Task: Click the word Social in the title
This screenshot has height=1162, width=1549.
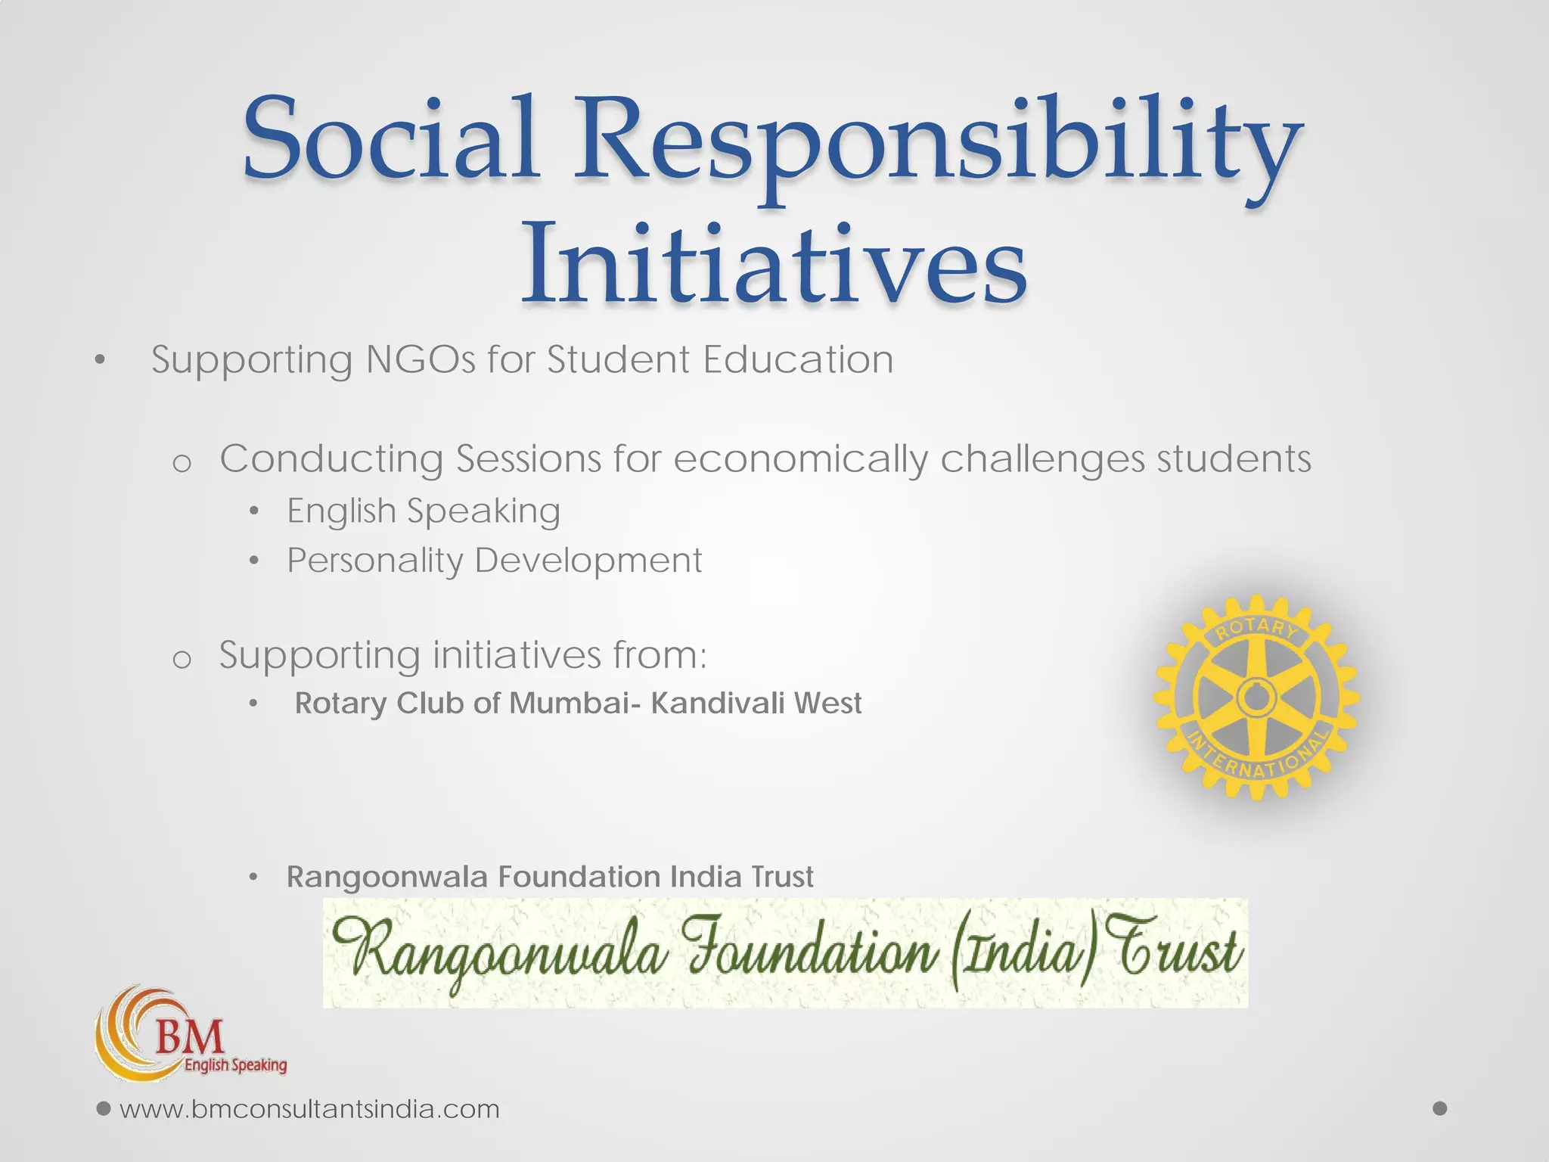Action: click(390, 140)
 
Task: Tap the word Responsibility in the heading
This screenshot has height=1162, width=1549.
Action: click(938, 144)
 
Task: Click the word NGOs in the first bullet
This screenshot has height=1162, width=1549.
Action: click(420, 359)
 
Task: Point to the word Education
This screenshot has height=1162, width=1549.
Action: click(797, 359)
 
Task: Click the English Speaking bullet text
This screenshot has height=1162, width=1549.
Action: click(424, 511)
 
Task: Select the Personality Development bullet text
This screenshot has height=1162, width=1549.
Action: click(495, 561)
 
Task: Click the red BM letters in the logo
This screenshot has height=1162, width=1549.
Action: click(190, 1036)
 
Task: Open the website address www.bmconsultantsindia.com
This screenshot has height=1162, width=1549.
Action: click(310, 1110)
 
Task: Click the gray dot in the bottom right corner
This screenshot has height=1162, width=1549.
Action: click(1440, 1108)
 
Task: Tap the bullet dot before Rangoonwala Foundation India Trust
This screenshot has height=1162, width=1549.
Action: click(254, 878)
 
